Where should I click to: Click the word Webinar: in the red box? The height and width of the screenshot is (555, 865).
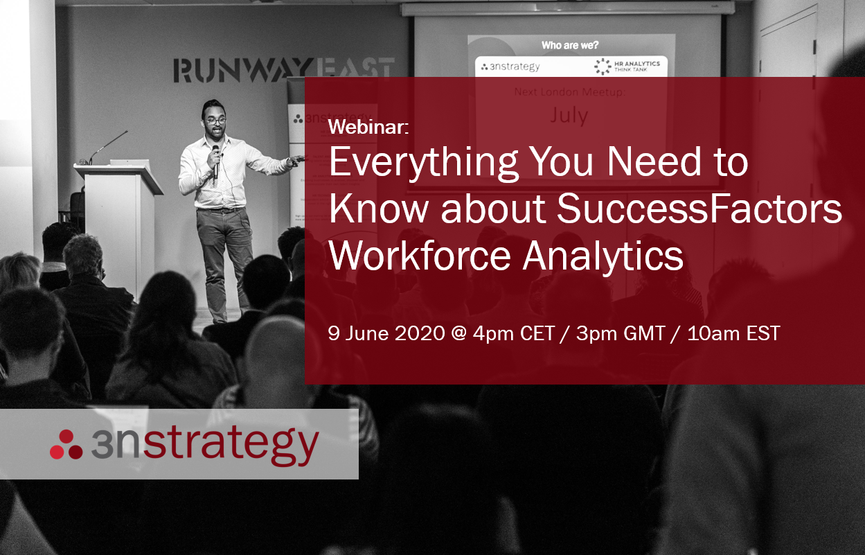coord(369,127)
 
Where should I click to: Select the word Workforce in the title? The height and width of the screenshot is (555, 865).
coord(420,256)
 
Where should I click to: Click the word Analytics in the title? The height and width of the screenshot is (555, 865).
coord(603,256)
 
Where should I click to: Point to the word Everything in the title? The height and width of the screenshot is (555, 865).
coord(423,164)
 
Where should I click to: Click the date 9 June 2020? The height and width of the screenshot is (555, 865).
coord(386,333)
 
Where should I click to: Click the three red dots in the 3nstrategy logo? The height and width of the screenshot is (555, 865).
coord(66,445)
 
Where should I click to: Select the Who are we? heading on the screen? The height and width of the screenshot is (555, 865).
coord(571,45)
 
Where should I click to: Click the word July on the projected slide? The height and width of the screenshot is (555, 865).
coord(569,115)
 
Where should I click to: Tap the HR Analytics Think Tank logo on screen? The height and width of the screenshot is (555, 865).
coord(627,67)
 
